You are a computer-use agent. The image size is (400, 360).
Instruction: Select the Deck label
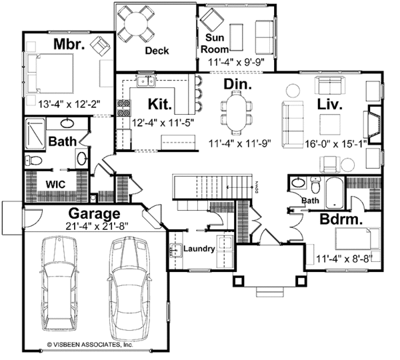point(157,51)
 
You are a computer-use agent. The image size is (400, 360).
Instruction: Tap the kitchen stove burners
point(123,107)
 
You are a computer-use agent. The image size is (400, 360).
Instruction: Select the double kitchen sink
point(146,82)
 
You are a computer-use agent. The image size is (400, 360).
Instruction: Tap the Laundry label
point(199,249)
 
